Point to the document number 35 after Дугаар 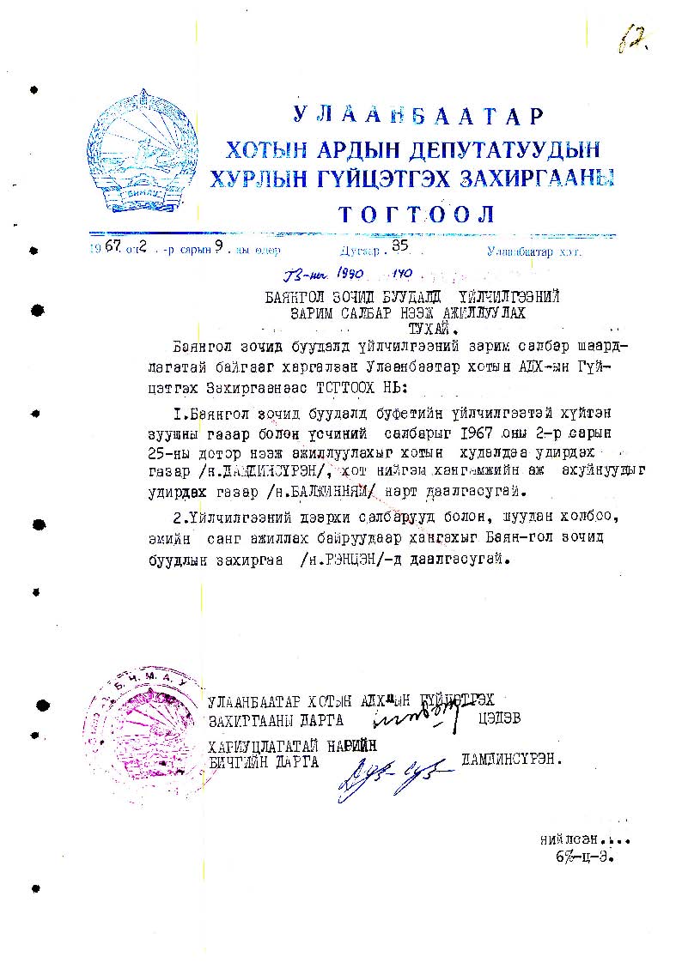[399, 245]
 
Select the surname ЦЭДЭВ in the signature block [499, 718]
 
